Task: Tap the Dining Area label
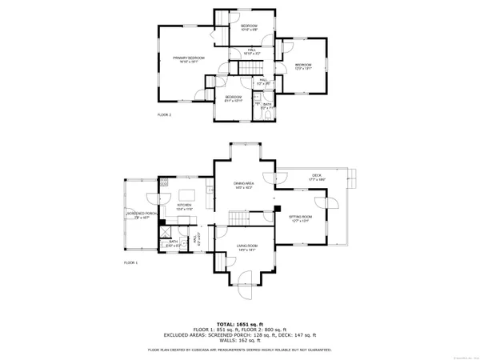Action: [x=244, y=186]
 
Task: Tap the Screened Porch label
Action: [x=140, y=214]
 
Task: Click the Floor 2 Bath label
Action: [x=266, y=106]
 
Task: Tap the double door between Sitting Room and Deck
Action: [x=334, y=200]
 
